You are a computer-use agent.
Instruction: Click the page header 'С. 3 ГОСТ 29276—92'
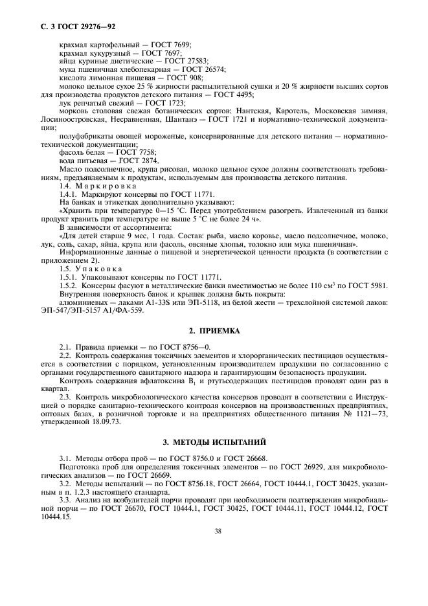73,27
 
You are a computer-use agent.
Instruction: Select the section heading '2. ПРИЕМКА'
214,330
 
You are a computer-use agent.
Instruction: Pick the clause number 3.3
65,500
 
